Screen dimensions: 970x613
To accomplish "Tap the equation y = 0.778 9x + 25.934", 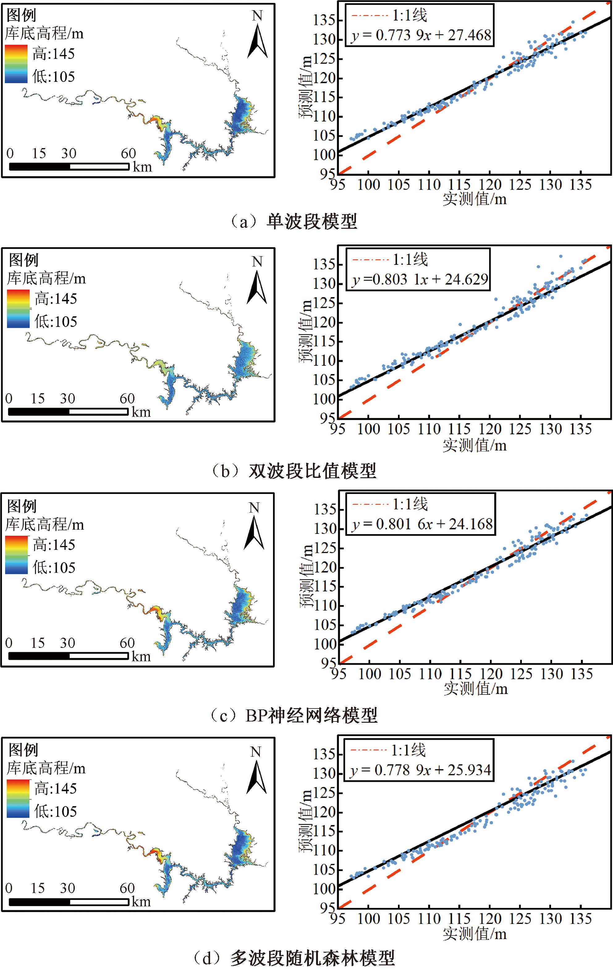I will click(x=420, y=770).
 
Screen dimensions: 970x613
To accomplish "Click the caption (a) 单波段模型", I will click(x=294, y=222).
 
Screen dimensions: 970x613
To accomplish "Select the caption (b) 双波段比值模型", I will click(x=294, y=471).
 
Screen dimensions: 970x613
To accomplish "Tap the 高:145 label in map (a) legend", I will click(x=53, y=53).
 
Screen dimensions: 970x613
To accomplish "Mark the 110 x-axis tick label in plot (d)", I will click(x=429, y=919).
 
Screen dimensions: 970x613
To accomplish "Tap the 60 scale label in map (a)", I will click(x=128, y=154).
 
